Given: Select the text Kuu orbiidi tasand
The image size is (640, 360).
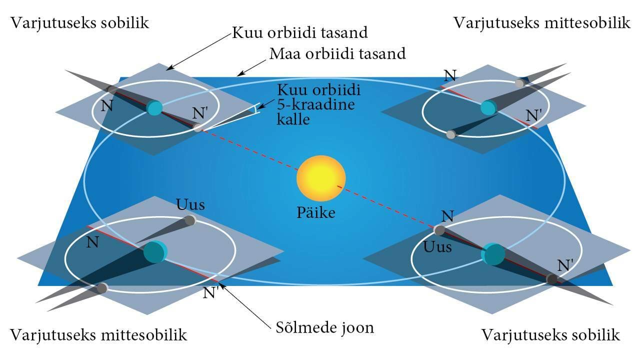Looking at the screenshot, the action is pyautogui.click(x=300, y=33).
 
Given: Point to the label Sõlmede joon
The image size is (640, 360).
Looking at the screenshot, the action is pyautogui.click(x=325, y=328).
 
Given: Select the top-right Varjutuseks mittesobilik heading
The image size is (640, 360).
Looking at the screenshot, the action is pyautogui.click(x=542, y=23).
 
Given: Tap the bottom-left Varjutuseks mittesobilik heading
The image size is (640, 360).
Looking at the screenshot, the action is pyautogui.click(x=98, y=334).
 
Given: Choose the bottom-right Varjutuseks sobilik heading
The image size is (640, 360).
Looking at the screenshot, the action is pyautogui.click(x=550, y=334).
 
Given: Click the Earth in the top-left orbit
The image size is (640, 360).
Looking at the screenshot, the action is pyautogui.click(x=154, y=107).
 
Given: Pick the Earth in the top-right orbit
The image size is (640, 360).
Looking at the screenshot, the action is pyautogui.click(x=487, y=107).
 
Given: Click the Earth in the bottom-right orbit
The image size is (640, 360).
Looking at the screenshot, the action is pyautogui.click(x=493, y=253).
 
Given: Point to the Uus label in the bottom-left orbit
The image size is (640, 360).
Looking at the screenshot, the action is pyautogui.click(x=190, y=205).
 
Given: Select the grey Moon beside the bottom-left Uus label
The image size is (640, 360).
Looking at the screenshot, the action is pyautogui.click(x=189, y=220).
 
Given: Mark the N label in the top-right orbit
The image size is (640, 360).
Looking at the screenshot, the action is pyautogui.click(x=450, y=75).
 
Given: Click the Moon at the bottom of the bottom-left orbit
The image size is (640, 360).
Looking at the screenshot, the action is pyautogui.click(x=102, y=288).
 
